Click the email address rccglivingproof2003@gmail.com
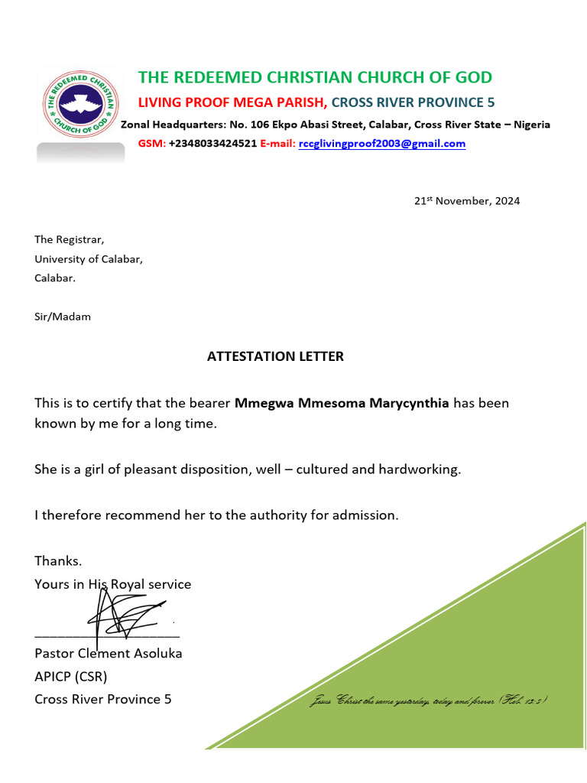pos(381,144)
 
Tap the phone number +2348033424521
pos(212,144)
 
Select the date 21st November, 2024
pos(466,201)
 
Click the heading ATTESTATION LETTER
pos(275,356)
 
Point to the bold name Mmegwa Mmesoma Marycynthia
pos(342,403)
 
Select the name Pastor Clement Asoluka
pos(108,654)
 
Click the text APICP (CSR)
pos(70,677)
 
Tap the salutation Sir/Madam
pos(63,317)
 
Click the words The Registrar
pos(70,240)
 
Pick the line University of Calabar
pos(89,259)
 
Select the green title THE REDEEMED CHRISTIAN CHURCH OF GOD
pos(315,77)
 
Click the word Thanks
pos(58,561)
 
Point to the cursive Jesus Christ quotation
pos(428,701)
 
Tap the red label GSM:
pos(151,144)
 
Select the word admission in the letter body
pos(364,515)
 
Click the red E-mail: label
pos(277,144)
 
